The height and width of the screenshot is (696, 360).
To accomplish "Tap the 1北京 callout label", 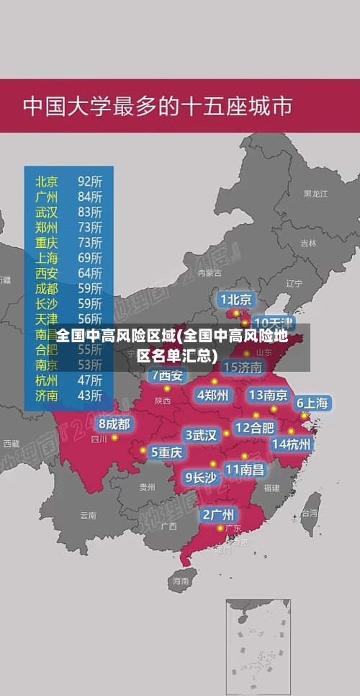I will click(x=236, y=299).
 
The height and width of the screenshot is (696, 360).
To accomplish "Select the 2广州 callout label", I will click(x=217, y=514).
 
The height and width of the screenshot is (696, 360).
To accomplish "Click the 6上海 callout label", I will click(x=312, y=403).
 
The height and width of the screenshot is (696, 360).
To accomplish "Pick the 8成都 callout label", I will click(x=114, y=424).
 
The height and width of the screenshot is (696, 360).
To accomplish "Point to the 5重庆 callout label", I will click(x=166, y=452).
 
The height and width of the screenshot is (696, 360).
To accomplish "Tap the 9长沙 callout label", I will click(x=200, y=476).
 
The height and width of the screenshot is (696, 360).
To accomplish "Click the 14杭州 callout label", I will click(x=292, y=444).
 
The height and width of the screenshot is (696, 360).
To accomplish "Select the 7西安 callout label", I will click(x=167, y=375).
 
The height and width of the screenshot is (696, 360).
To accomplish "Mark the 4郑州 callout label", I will click(x=212, y=395).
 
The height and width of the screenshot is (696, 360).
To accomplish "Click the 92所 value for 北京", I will click(x=90, y=181).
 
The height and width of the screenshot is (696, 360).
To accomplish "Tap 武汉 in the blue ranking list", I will click(x=47, y=212).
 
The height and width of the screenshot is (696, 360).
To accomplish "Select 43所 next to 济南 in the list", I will click(x=90, y=395).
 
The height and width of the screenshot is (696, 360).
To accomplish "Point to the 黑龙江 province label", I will click(x=315, y=194).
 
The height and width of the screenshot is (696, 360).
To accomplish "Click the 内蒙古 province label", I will click(x=210, y=273).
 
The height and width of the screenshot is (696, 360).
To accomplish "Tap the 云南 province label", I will click(x=88, y=515).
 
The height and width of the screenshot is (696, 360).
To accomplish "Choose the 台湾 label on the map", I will click(x=309, y=513).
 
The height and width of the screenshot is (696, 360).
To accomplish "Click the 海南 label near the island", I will click(x=180, y=580).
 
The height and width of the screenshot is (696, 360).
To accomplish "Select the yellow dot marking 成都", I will click(x=114, y=437).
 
